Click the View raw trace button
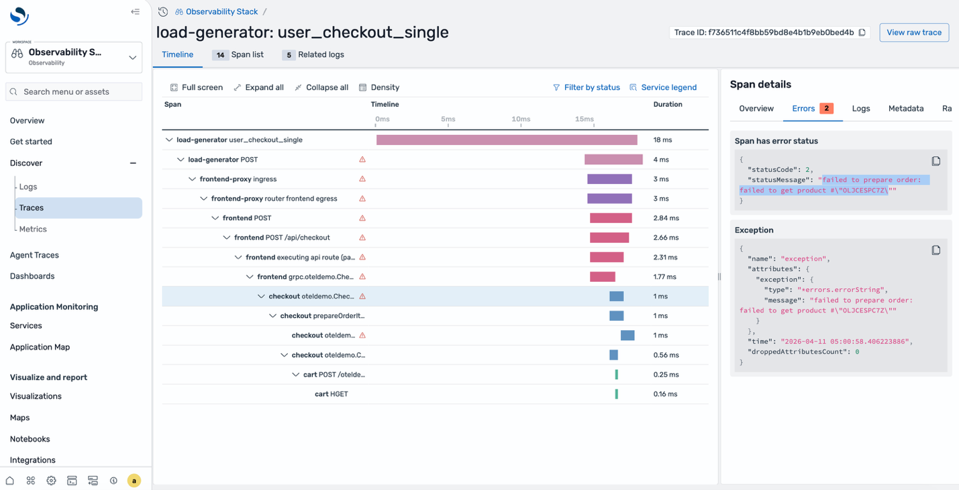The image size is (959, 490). click(x=913, y=32)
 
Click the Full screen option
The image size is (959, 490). click(x=196, y=87)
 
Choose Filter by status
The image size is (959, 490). click(x=586, y=87)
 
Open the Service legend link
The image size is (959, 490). click(x=663, y=87)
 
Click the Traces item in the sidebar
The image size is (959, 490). click(x=32, y=208)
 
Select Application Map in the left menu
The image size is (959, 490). click(x=40, y=347)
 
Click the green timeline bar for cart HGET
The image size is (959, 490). click(x=616, y=394)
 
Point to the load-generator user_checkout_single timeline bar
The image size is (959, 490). click(x=506, y=140)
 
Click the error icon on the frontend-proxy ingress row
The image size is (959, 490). click(x=362, y=179)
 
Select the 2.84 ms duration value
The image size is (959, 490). click(x=666, y=218)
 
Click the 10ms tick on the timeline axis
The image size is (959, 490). click(x=521, y=119)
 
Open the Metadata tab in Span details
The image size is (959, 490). click(x=905, y=109)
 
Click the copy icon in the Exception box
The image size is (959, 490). click(x=936, y=250)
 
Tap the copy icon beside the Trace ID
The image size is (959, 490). click(x=862, y=32)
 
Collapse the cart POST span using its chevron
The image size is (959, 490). click(x=295, y=375)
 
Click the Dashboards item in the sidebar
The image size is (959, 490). click(x=32, y=276)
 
